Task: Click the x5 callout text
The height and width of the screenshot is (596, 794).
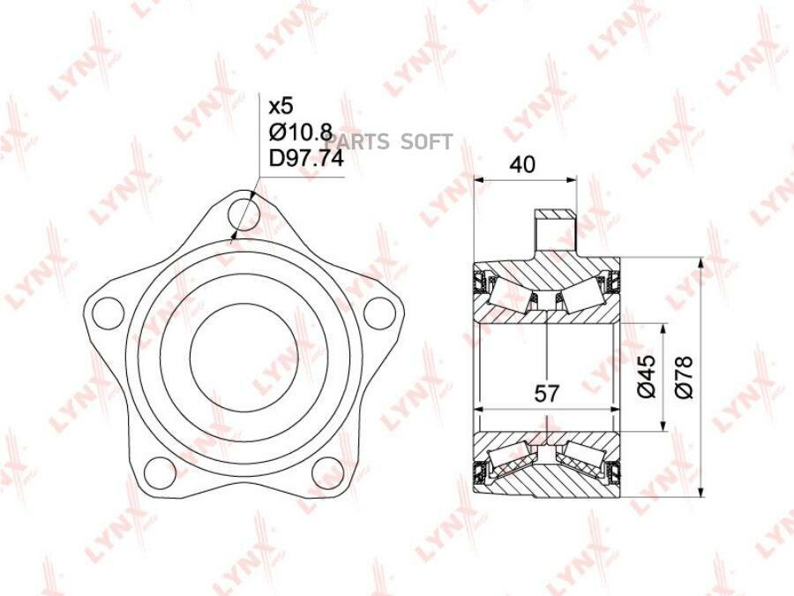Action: (x=280, y=107)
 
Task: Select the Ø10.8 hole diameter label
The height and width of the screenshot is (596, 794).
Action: (x=300, y=133)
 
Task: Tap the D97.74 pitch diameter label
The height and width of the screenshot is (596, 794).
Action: (x=305, y=159)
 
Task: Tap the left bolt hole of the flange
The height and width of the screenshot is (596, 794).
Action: (x=108, y=313)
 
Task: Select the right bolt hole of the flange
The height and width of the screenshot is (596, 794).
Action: (x=377, y=313)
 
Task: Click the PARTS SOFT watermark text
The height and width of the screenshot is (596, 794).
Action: (x=389, y=142)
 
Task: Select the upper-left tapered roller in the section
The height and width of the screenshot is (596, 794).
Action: (x=513, y=293)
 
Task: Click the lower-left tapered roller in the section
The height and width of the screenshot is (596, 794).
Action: (x=513, y=458)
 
